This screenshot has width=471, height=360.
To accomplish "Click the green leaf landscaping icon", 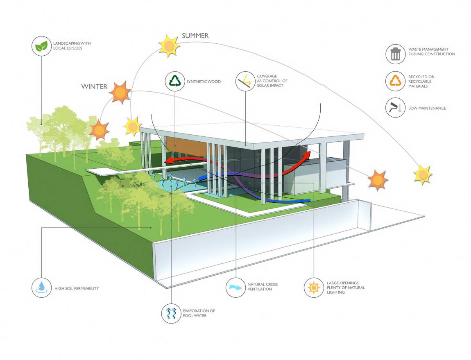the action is pyautogui.click(x=41, y=46).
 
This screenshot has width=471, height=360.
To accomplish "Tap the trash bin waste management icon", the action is pyautogui.click(x=396, y=54).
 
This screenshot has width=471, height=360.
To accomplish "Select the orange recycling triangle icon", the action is pyautogui.click(x=396, y=81).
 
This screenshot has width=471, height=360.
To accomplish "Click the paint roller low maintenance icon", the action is pyautogui.click(x=396, y=108).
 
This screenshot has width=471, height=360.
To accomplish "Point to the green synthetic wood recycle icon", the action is pyautogui.click(x=175, y=81).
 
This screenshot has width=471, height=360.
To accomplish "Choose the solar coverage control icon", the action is pyautogui.click(x=245, y=81).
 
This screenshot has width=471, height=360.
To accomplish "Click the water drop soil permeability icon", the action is pyautogui.click(x=41, y=288).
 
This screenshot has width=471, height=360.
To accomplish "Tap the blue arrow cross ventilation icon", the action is pyautogui.click(x=236, y=288).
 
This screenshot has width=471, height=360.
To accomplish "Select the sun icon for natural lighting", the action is pyautogui.click(x=314, y=288).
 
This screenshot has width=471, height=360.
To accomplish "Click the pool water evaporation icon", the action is pyautogui.click(x=172, y=313).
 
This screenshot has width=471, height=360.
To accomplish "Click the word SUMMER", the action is pyautogui.click(x=195, y=36).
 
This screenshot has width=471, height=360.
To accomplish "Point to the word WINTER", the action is pyautogui.click(x=94, y=86).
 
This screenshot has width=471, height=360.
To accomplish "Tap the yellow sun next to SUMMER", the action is pyautogui.click(x=169, y=46).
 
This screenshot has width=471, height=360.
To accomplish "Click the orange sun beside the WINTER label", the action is pyautogui.click(x=120, y=92).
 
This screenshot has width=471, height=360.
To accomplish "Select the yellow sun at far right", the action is pyautogui.click(x=423, y=174).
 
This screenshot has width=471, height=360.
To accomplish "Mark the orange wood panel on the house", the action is pyautogui.click(x=186, y=145).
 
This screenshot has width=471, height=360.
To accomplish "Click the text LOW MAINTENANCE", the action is pyautogui.click(x=427, y=108).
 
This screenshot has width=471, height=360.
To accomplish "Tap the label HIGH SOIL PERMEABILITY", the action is pyautogui.click(x=77, y=288).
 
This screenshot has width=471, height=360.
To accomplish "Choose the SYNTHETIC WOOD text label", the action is pyautogui.click(x=204, y=82).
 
